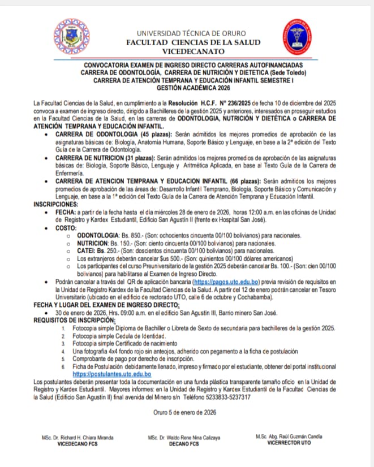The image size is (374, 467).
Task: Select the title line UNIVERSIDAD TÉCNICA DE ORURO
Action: click(x=193, y=34)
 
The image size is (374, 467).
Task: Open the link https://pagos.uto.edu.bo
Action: click(x=226, y=281)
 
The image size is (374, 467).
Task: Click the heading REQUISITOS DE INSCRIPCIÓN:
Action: click(x=74, y=320)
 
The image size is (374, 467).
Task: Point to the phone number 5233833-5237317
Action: click(x=224, y=396)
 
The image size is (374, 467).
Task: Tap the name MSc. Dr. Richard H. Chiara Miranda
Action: click(x=78, y=438)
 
